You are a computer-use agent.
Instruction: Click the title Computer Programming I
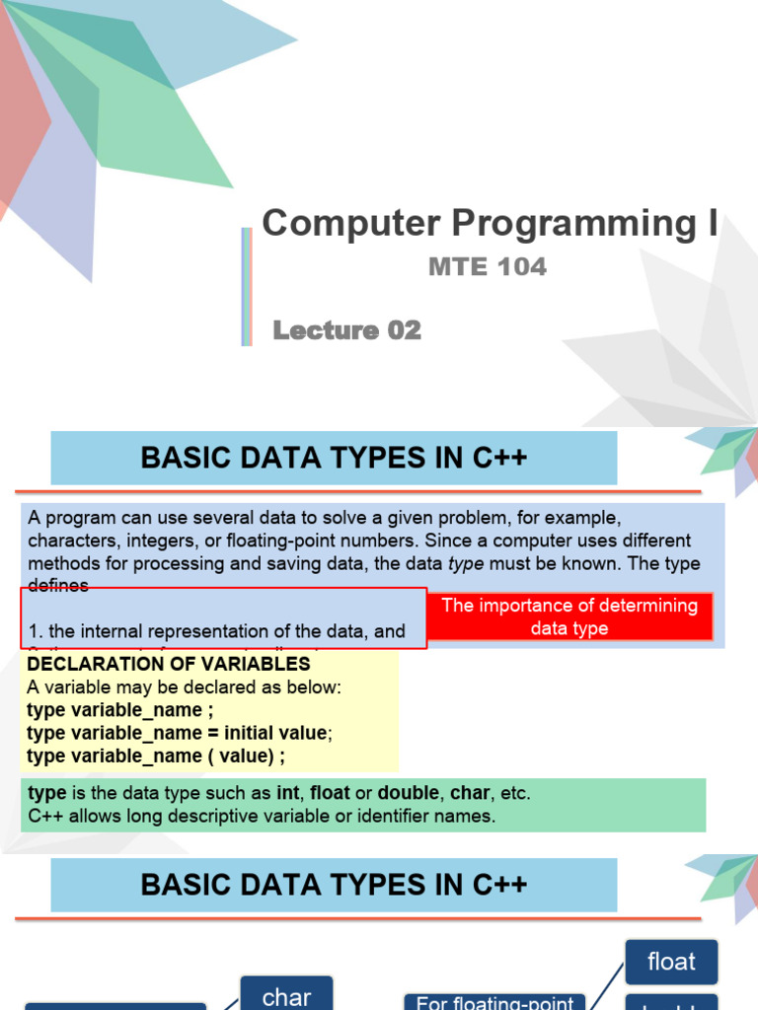[x=490, y=224]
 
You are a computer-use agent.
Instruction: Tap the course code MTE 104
[x=487, y=266]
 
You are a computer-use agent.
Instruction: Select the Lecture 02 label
[x=346, y=330]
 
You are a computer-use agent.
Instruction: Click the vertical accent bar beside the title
[x=246, y=286]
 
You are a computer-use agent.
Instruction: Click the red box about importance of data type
[x=569, y=616]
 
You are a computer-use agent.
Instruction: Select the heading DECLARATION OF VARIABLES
[x=169, y=664]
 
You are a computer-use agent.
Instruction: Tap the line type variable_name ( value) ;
[x=157, y=756]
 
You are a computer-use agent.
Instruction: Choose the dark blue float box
[x=671, y=962]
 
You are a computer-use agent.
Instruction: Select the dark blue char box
[x=287, y=995]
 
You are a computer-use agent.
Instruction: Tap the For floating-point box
[x=495, y=1002]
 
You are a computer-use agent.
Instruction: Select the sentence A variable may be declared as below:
[x=185, y=687]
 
